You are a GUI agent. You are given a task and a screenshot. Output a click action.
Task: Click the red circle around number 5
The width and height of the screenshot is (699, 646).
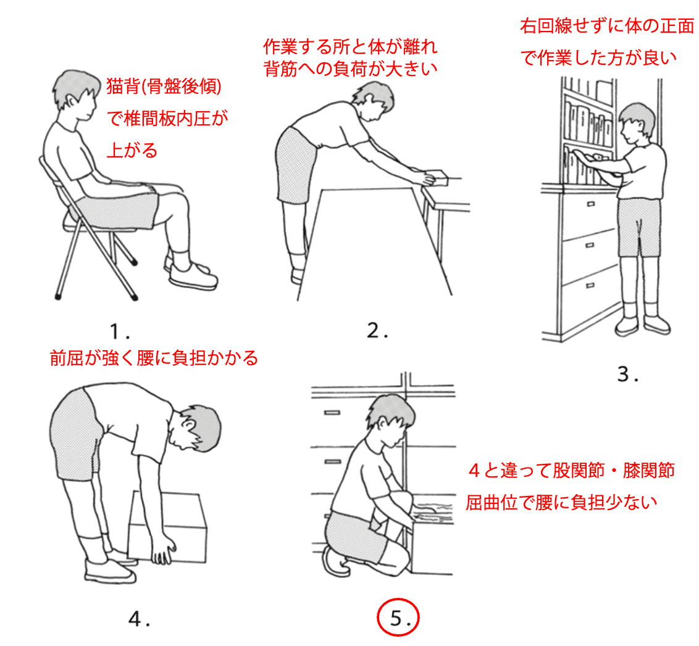tap(377, 618)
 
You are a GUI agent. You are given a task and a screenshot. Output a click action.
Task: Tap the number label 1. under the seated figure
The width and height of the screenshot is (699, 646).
tap(119, 332)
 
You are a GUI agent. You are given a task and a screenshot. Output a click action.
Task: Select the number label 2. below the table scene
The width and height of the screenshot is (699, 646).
tap(377, 331)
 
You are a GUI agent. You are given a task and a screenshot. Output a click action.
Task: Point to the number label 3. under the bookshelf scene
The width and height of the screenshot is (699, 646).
tap(627, 374)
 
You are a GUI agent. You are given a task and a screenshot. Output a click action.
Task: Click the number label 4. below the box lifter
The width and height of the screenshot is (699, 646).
tap(139, 619)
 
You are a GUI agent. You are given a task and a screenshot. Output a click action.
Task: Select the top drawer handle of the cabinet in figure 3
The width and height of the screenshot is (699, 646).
tap(590, 204)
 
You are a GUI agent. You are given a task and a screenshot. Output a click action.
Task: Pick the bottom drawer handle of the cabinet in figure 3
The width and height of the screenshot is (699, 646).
tap(590, 285)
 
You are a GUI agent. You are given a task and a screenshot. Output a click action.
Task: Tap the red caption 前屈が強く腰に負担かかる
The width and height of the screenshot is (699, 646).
tap(154, 358)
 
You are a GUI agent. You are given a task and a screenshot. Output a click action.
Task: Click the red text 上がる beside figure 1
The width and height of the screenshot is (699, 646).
tap(132, 150)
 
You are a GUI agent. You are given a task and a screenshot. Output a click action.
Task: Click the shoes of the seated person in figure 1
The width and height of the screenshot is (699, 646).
tap(191, 274)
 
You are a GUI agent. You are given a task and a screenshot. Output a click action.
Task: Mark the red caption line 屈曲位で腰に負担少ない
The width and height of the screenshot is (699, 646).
tap(561, 503)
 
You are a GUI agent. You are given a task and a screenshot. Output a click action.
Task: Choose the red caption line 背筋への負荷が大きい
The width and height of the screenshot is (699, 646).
tap(350, 69)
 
